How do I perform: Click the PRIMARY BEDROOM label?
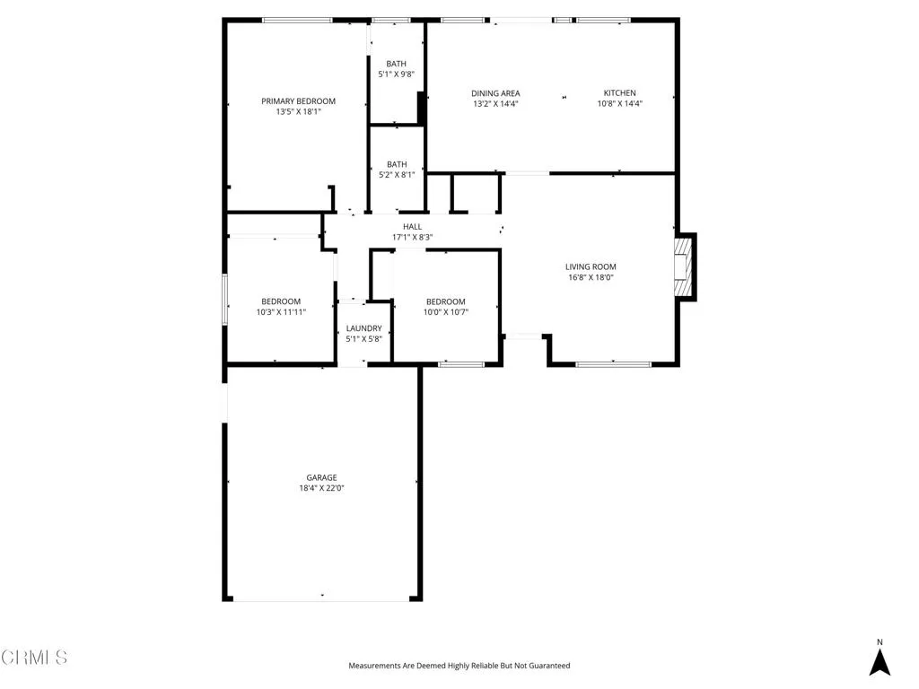(298, 101)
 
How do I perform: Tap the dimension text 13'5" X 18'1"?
(298, 112)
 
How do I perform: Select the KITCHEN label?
(619, 93)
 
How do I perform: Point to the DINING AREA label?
(495, 93)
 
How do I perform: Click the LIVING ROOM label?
(591, 266)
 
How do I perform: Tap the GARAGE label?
(321, 477)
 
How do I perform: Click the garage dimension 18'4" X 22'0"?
(321, 488)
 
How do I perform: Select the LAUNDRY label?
(363, 328)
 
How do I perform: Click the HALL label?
(412, 227)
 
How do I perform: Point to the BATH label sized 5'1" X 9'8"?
(396, 64)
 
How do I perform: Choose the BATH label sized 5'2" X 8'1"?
(396, 164)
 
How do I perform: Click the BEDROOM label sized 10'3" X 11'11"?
(281, 301)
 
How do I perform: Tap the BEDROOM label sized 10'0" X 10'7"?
(446, 301)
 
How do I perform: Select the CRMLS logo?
(34, 658)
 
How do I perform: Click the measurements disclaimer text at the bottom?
(459, 666)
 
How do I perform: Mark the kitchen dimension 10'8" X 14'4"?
(619, 104)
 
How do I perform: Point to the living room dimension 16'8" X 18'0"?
(591, 277)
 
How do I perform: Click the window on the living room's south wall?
(613, 364)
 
